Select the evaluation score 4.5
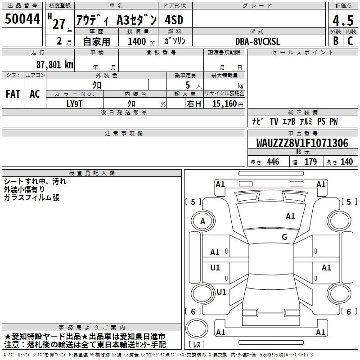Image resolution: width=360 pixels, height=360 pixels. coord(342,20)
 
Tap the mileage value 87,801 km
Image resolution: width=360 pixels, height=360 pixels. coord(54,64)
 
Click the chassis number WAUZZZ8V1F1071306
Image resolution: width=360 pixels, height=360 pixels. coord(302,143)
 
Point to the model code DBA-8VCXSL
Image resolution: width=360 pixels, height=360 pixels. coord(258,41)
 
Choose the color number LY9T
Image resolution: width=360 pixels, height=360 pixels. coord(75,103)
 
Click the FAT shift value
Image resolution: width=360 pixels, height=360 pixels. coord(13,94)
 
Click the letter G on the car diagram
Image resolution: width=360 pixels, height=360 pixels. coord(284,237)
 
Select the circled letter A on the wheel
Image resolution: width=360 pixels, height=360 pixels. coord(202,221)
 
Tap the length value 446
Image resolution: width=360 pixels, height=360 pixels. coord(273,162)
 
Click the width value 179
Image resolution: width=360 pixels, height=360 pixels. coord(310,162)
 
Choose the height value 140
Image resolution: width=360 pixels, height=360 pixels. coord(346,162)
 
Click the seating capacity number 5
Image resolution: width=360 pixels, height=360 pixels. coord(187,85)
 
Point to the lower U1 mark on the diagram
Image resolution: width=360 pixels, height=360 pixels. coord(221,292)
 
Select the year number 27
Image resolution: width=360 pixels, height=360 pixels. coord(58,24)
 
